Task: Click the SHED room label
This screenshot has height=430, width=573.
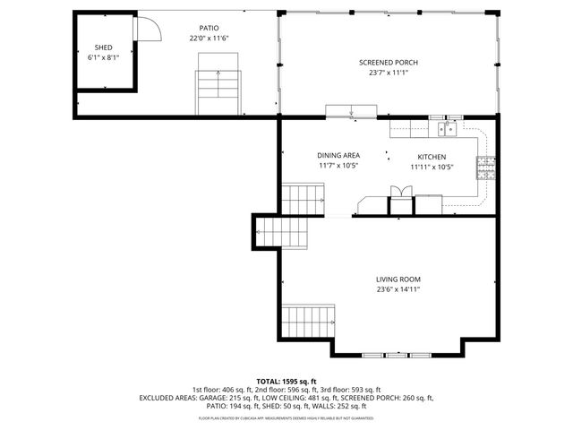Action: tap(103, 47)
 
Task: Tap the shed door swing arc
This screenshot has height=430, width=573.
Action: tap(149, 30)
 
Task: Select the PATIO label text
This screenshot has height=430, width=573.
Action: tap(209, 28)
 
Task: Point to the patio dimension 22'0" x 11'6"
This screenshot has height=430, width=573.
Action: tap(209, 39)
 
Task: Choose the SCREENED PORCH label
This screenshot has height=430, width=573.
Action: tap(388, 62)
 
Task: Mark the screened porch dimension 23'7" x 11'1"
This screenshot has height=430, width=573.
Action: tap(388, 73)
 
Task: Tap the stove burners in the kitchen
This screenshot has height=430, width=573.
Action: tap(486, 168)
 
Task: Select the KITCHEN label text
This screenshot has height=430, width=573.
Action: tap(432, 156)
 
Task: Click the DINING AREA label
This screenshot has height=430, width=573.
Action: tap(338, 155)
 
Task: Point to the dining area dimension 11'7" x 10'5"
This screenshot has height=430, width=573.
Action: tap(338, 166)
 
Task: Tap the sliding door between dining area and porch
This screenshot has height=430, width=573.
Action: tap(351, 112)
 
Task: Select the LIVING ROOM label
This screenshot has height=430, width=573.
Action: tap(398, 279)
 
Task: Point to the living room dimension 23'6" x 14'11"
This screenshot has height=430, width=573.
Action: tap(398, 289)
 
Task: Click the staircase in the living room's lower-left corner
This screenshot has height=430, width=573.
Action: tap(308, 320)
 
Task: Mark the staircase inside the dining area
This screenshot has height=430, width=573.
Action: tap(304, 198)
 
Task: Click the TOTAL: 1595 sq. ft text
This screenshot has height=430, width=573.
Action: tap(286, 382)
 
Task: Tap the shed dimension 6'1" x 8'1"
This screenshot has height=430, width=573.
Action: tap(103, 57)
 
